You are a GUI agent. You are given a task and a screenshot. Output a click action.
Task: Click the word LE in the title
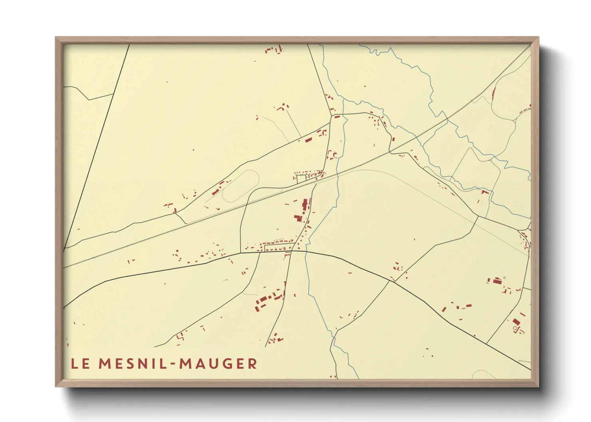[x=80, y=364]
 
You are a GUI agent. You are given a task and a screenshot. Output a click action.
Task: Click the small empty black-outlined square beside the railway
[x=301, y=179]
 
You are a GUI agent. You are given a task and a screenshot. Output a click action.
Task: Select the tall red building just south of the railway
[x=305, y=205]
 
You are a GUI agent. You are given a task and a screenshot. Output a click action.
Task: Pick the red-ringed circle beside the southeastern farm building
[x=515, y=328]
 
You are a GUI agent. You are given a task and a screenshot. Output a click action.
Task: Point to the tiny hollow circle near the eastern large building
[x=504, y=278]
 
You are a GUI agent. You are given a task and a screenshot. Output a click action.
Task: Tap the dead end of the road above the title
[x=154, y=347]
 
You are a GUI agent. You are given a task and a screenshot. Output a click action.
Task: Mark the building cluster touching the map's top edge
[x=274, y=49]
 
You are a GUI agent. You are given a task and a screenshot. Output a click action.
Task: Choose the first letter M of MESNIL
[x=105, y=364]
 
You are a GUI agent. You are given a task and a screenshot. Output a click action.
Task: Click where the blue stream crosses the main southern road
[x=306, y=251]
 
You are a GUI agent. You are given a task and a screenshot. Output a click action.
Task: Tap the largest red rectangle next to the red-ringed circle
[x=516, y=321]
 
